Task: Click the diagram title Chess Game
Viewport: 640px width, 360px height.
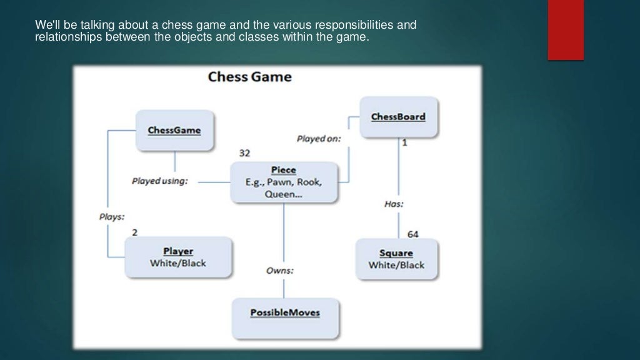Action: coord(249,77)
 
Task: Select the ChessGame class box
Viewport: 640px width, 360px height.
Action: coord(174,131)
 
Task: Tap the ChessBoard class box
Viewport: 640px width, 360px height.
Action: coord(398,117)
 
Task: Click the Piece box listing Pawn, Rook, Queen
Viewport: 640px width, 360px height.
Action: coord(284,182)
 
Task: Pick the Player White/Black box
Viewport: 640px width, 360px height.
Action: coord(178,257)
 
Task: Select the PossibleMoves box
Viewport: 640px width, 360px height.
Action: coord(285,312)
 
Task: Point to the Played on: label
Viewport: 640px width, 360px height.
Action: coord(318,139)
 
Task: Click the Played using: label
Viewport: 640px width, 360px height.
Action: coord(159,181)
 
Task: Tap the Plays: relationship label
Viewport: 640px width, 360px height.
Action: coord(112,217)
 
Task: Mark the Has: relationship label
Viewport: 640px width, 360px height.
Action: coord(394,204)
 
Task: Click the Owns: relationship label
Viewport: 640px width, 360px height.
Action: coord(280,271)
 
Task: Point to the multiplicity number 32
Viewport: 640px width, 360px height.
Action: coord(245,153)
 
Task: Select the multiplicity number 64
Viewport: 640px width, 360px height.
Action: coord(413,234)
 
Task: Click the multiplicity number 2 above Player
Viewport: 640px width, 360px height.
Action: coord(134,232)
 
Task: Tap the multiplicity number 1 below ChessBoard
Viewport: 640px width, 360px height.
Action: coord(404,142)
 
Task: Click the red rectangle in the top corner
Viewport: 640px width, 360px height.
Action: coord(566,30)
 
